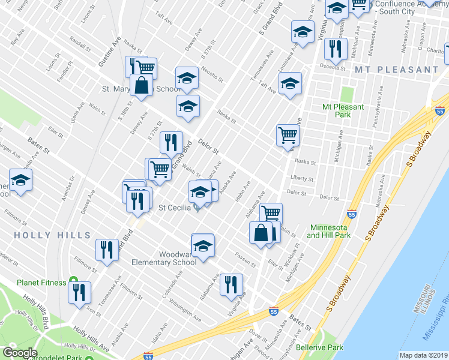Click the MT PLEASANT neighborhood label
tap(396, 70)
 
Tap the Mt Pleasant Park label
tap(343, 110)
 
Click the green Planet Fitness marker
tap(73, 280)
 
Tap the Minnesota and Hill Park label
tap(328, 232)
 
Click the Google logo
tap(20, 353)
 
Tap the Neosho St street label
tap(212, 75)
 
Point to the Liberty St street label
tap(302, 179)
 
